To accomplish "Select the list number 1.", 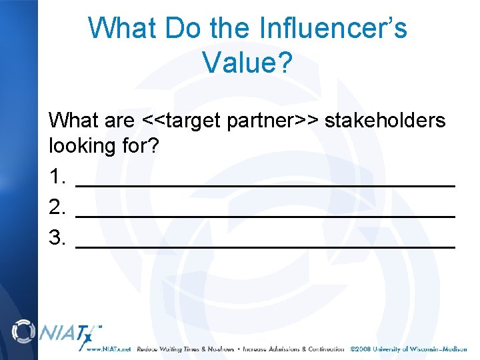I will [57, 177].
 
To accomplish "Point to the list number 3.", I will [57, 237].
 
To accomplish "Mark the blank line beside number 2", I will [265, 215].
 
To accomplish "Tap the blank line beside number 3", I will [265, 245].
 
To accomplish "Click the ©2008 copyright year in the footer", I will [361, 349].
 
